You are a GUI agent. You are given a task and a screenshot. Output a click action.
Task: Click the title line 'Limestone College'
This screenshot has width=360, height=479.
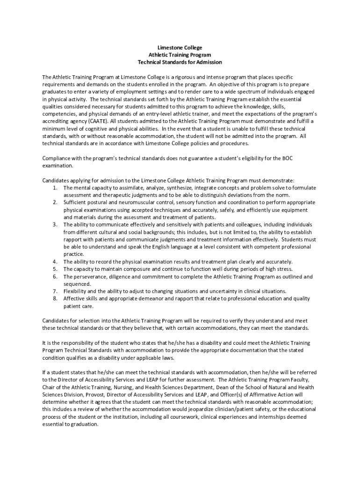click(180, 48)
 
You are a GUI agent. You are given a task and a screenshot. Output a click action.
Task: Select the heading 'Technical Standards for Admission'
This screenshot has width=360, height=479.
click(180, 62)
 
